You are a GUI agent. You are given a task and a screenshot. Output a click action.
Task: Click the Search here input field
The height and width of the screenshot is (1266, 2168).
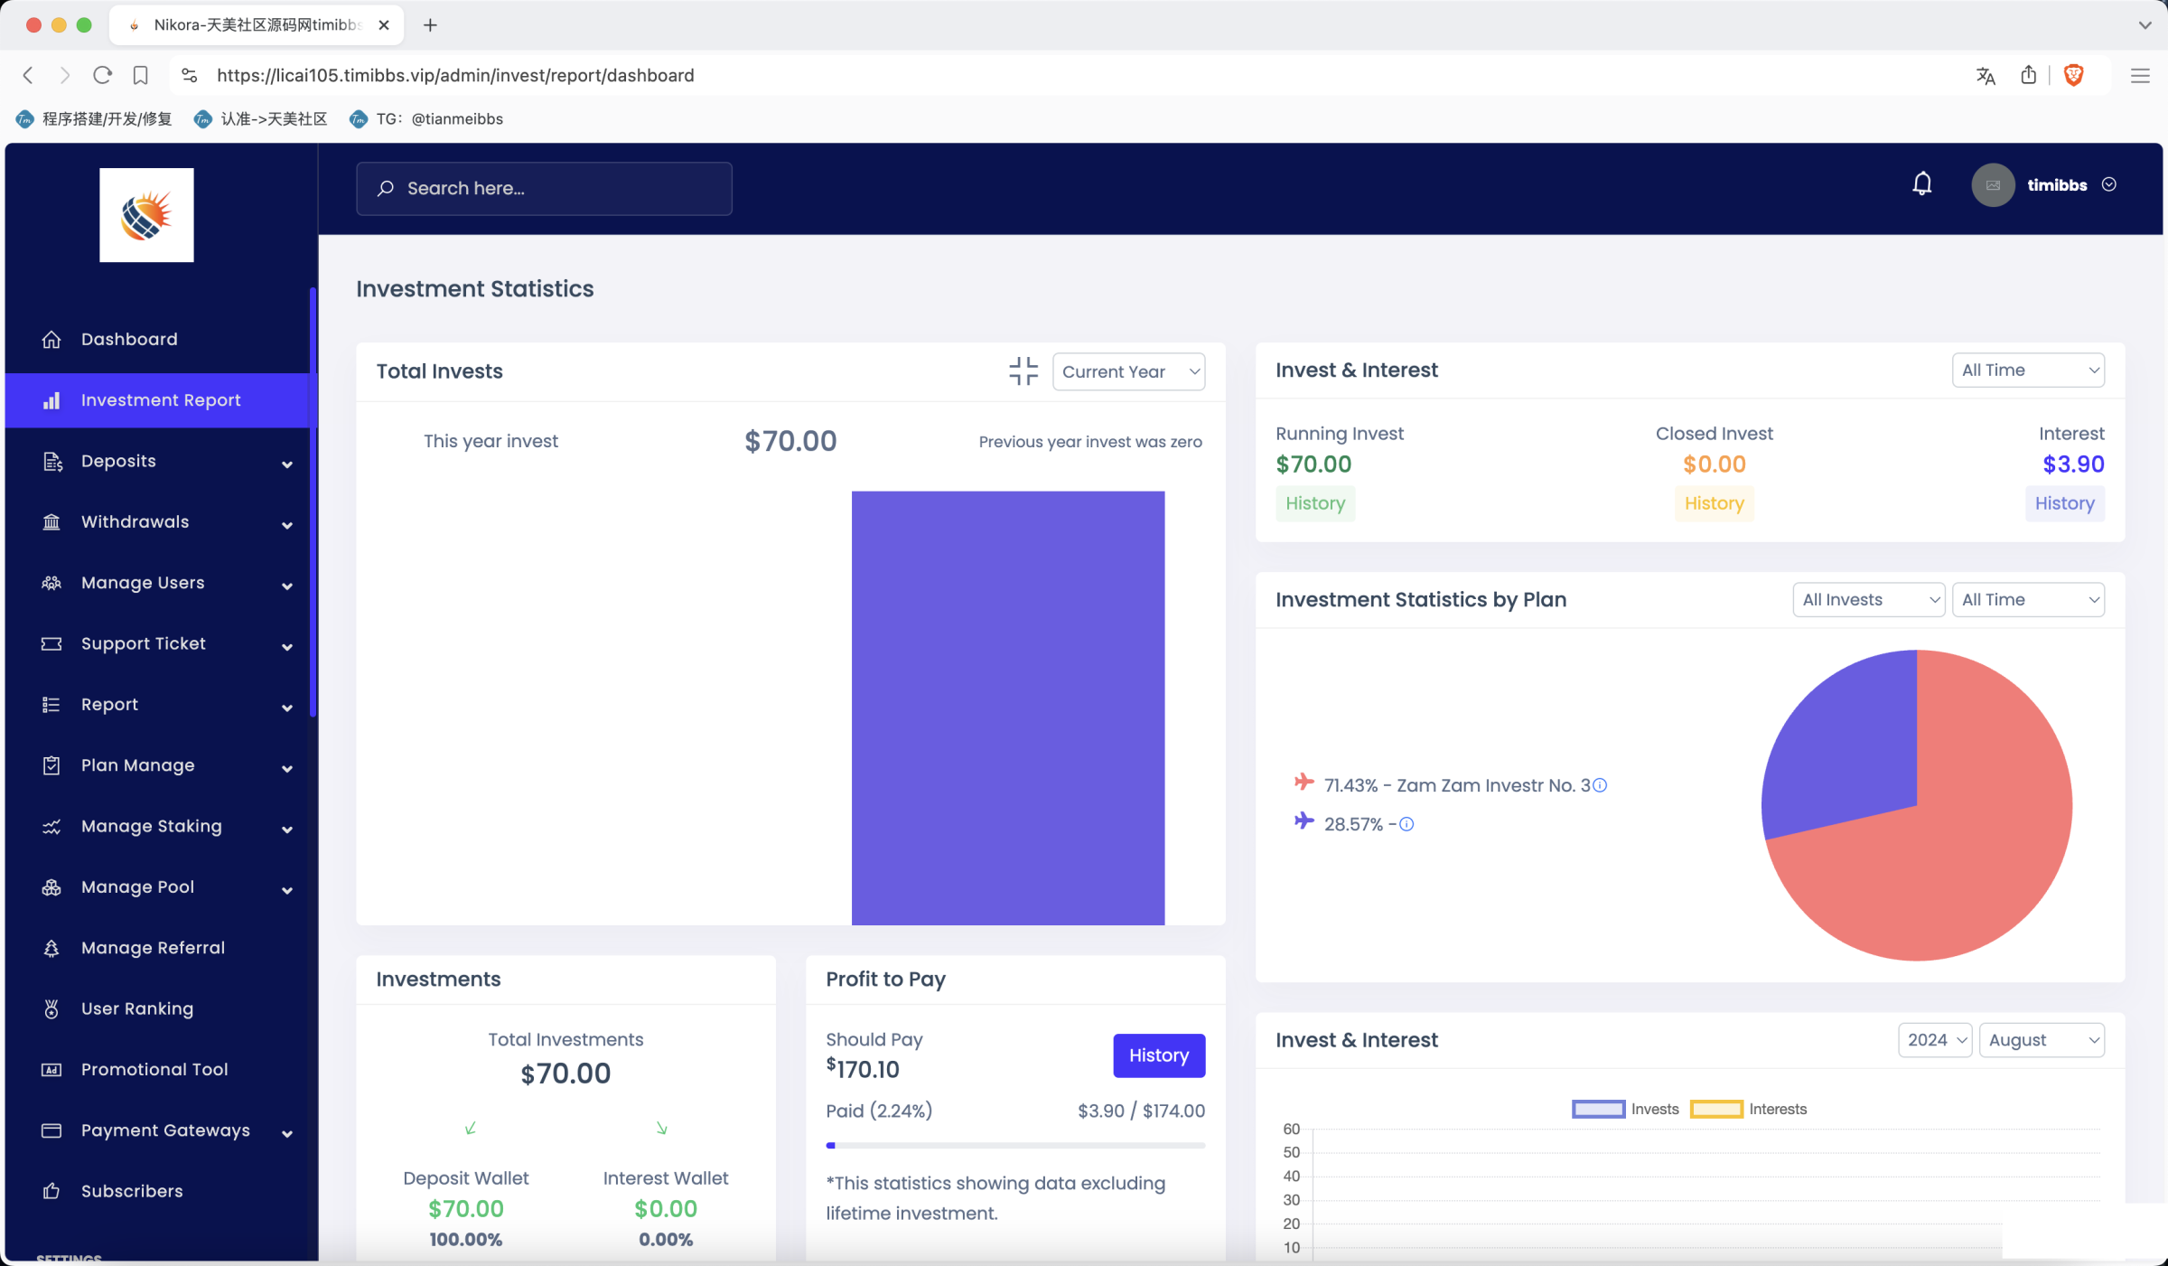tap(544, 188)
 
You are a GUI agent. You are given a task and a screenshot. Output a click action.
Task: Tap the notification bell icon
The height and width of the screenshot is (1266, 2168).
tap(1922, 184)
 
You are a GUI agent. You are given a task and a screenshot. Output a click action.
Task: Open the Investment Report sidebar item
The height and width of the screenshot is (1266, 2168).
tap(160, 400)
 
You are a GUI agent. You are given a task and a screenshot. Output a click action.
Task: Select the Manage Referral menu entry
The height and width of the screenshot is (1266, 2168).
tap(153, 948)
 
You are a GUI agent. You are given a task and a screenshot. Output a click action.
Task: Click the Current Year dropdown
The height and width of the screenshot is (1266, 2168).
tap(1128, 371)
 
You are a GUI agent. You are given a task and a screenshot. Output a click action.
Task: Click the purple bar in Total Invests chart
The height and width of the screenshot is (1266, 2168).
tap(1007, 708)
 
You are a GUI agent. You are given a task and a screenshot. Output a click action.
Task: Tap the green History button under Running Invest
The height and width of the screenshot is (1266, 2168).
tap(1315, 503)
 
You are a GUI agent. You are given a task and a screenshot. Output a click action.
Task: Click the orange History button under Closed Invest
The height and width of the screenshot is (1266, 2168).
tap(1714, 503)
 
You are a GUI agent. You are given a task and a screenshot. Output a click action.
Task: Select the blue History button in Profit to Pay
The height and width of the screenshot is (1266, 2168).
tap(1158, 1055)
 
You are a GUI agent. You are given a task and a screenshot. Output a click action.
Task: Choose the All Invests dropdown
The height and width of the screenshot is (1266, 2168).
tap(1868, 600)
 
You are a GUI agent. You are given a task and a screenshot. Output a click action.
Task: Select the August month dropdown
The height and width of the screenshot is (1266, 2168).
tap(2042, 1040)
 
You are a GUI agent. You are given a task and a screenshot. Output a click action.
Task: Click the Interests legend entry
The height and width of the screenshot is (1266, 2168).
tap(1748, 1109)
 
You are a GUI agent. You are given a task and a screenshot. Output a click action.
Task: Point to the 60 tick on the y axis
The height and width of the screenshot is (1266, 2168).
tap(1291, 1129)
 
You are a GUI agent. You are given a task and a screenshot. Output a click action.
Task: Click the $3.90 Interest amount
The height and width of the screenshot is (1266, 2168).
tap(2073, 464)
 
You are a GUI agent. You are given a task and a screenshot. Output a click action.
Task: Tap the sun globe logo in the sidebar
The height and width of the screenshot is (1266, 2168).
tap(146, 215)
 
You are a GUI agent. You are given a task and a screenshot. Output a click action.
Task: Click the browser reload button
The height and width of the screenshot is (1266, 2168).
tap(102, 75)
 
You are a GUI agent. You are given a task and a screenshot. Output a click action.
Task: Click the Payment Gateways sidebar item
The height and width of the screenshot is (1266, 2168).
tap(165, 1130)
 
